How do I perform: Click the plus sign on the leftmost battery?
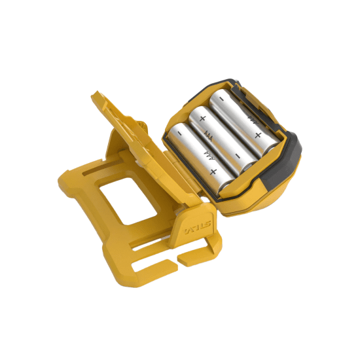click(x=213, y=171)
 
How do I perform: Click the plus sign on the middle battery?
click(x=203, y=118)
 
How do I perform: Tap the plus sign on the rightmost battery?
click(x=258, y=135)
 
